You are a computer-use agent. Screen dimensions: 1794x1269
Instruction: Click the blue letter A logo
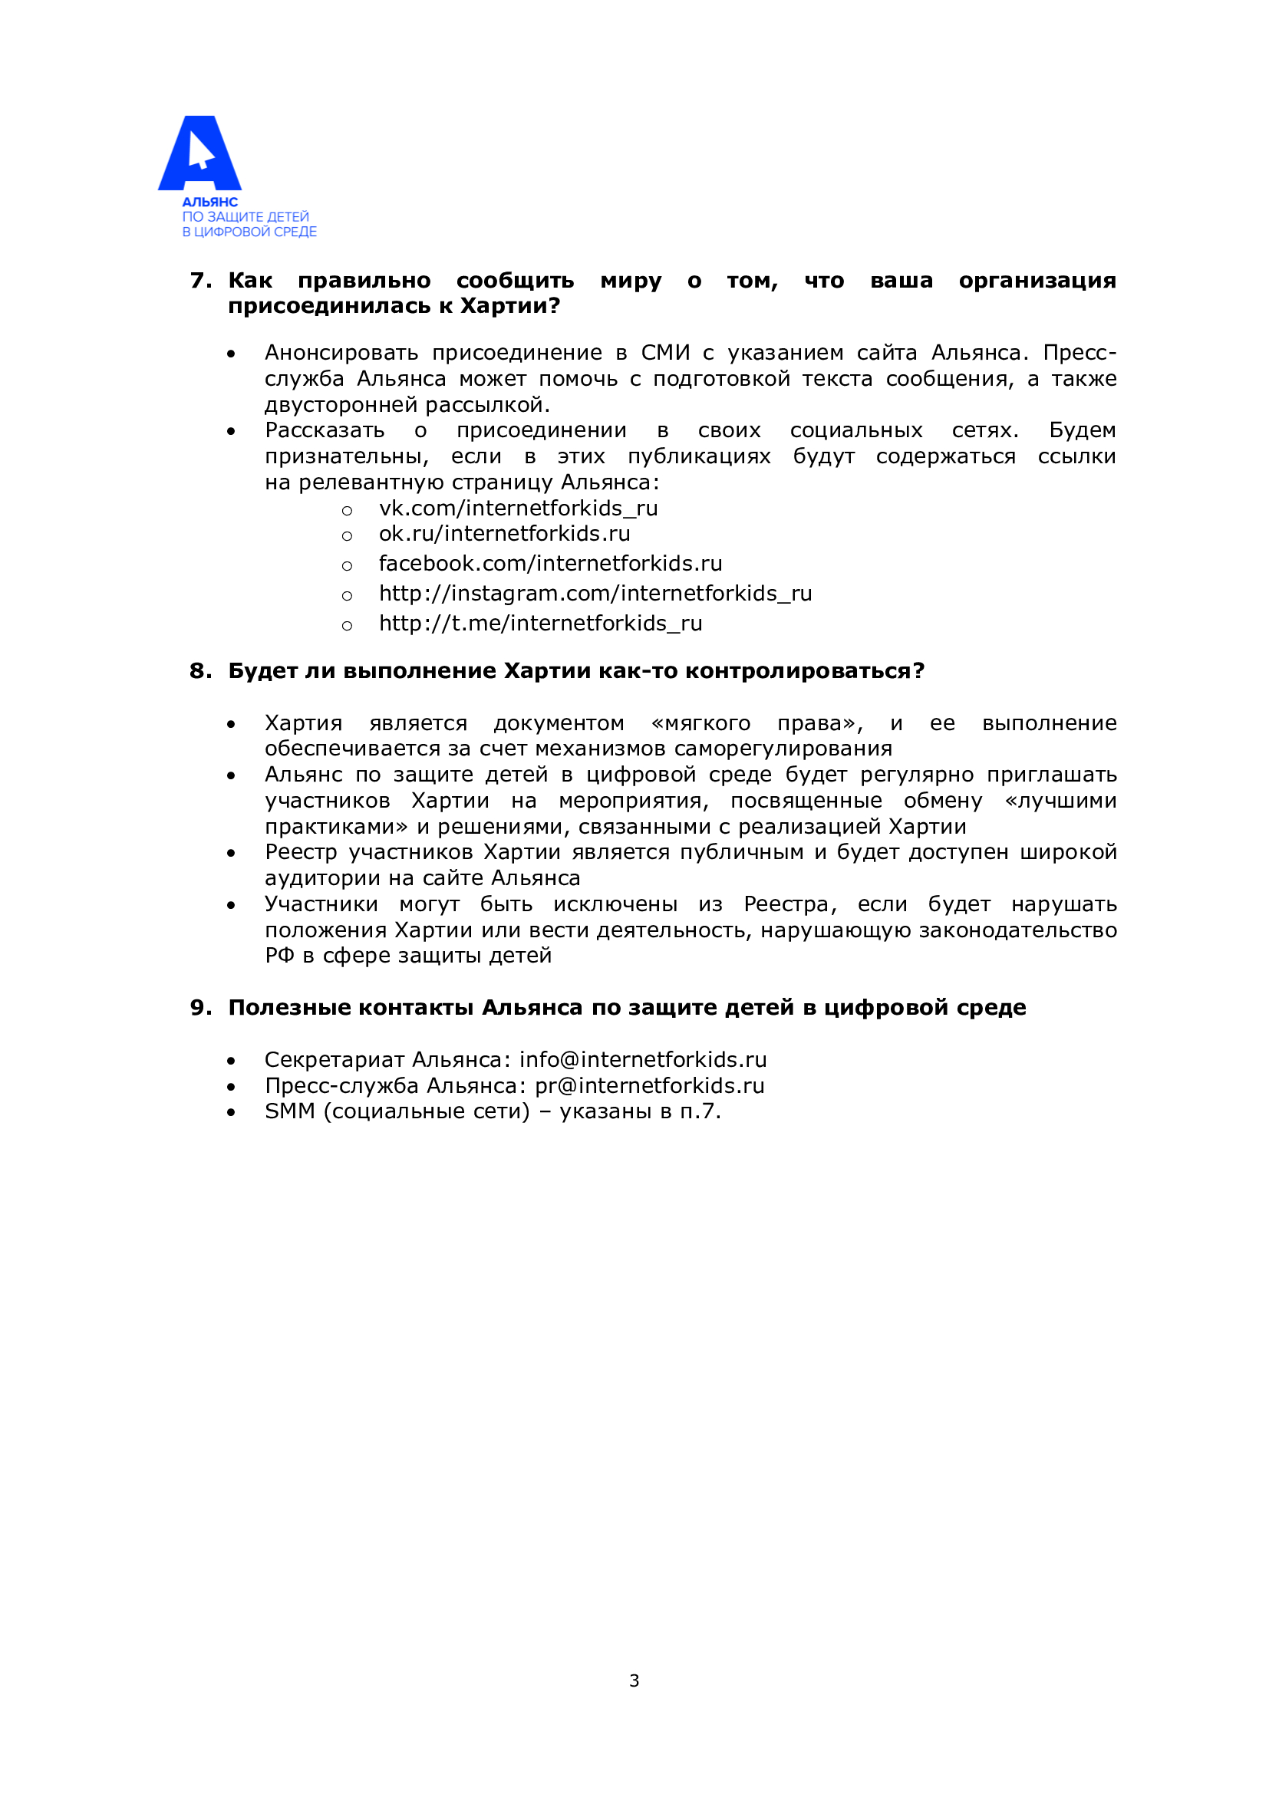click(x=200, y=153)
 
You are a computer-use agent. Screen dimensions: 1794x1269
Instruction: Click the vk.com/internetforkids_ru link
click(x=518, y=509)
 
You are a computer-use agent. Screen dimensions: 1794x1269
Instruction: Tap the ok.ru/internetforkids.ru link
click(x=504, y=534)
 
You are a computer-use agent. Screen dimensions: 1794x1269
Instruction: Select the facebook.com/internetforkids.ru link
click(x=550, y=564)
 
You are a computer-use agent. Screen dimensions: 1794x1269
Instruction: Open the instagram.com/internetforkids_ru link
click(x=595, y=594)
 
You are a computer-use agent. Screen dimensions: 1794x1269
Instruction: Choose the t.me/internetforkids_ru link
click(x=541, y=624)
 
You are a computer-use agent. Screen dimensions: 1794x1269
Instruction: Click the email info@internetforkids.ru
click(x=642, y=1059)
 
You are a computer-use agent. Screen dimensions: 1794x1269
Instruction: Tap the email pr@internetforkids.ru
click(x=649, y=1085)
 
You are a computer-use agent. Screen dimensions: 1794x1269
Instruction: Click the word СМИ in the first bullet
click(x=665, y=353)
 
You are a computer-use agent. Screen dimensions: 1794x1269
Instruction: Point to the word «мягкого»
click(x=700, y=723)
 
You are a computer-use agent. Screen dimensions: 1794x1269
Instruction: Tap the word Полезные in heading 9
click(x=288, y=1008)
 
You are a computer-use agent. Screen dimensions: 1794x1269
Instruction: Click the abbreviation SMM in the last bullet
click(x=289, y=1111)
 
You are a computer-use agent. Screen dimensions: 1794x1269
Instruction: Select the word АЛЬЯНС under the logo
click(x=209, y=202)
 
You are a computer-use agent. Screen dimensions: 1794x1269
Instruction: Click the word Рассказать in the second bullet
click(x=325, y=430)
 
